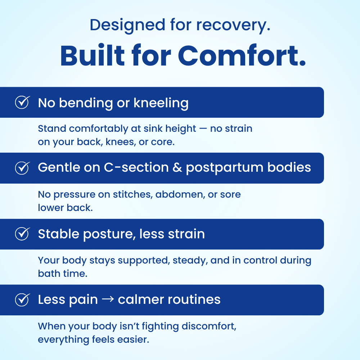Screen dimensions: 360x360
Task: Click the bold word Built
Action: (x=93, y=56)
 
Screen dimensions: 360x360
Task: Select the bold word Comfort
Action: (x=242, y=56)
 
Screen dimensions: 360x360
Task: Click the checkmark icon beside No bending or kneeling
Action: (x=22, y=102)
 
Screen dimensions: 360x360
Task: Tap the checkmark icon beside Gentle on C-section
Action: (x=22, y=168)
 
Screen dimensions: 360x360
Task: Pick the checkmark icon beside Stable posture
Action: (x=22, y=234)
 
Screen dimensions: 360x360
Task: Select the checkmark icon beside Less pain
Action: (x=22, y=300)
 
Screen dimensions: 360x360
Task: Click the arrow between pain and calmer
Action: (x=108, y=299)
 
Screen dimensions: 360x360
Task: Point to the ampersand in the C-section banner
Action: (x=177, y=167)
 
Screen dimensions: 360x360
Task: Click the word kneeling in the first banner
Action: (x=161, y=103)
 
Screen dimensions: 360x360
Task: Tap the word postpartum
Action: (x=225, y=168)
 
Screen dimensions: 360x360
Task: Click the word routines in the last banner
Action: (x=194, y=300)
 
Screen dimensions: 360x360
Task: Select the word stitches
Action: (x=133, y=194)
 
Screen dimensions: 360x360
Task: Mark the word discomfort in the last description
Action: (x=209, y=326)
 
